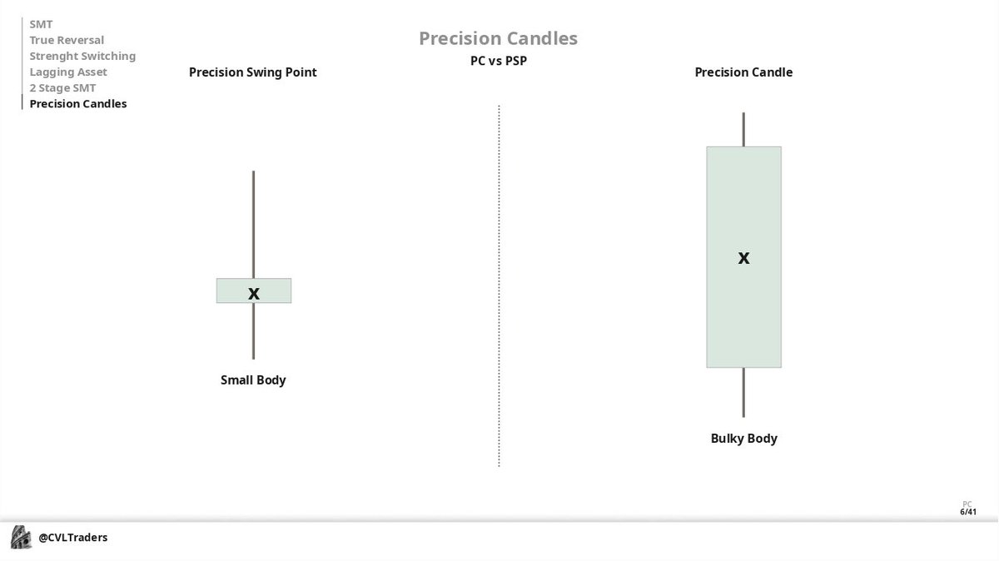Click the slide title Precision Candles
coord(498,38)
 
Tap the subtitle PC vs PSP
coord(498,61)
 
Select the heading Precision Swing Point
coord(253,72)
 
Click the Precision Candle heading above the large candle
coord(743,72)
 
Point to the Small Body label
coord(253,380)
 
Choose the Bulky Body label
coord(743,439)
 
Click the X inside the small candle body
coord(254,293)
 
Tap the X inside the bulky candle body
coord(743,258)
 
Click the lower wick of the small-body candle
coord(254,330)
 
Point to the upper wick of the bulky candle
coord(743,129)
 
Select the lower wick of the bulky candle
coord(743,392)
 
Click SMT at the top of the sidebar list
coord(41,24)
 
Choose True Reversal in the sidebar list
coord(67,40)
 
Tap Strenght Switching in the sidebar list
coord(82,56)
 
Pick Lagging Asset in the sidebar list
coord(68,72)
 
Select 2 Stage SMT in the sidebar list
coord(62,88)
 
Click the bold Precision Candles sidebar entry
coord(78,104)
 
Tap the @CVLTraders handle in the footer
coord(73,538)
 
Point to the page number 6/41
coord(967,512)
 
